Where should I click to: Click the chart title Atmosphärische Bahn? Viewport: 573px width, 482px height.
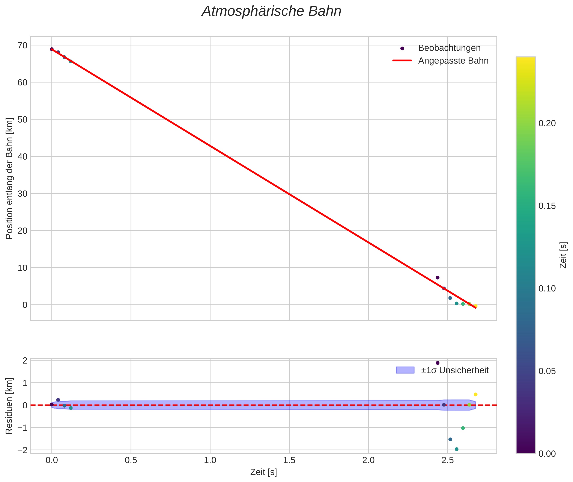click(x=271, y=11)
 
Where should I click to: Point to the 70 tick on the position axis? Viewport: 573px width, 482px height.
click(x=23, y=45)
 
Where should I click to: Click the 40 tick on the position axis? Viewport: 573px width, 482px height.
click(x=23, y=157)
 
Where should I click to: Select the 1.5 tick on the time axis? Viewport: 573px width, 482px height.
click(x=289, y=460)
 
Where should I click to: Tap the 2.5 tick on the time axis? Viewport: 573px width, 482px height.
click(x=447, y=460)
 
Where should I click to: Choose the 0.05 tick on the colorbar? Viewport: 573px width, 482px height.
click(x=547, y=371)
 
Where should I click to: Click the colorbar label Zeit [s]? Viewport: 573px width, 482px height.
click(x=563, y=255)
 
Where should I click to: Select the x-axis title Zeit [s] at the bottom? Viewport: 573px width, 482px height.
click(x=263, y=472)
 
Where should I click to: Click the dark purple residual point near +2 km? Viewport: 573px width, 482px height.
click(x=438, y=363)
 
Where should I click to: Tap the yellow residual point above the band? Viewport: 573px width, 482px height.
click(x=475, y=394)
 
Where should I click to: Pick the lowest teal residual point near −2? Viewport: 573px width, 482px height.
click(x=456, y=449)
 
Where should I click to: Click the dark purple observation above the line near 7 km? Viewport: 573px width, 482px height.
click(x=438, y=278)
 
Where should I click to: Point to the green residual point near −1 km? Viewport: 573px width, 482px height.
click(x=463, y=428)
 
